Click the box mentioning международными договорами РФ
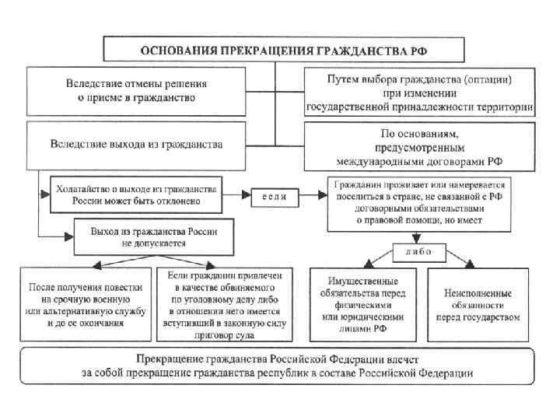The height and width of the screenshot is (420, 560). click(x=419, y=147)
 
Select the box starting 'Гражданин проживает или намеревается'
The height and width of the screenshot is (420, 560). click(x=420, y=204)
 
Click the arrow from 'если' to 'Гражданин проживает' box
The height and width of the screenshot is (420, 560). click(x=314, y=196)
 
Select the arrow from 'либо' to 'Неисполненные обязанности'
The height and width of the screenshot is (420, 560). click(x=459, y=260)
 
